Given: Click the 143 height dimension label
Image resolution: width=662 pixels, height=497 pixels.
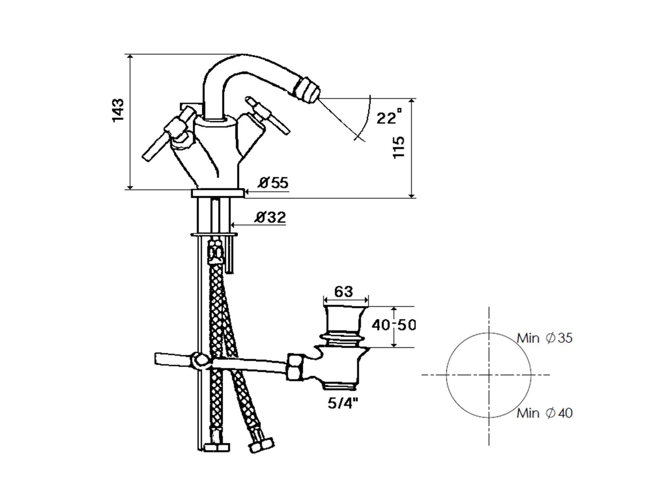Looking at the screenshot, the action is tap(118, 110).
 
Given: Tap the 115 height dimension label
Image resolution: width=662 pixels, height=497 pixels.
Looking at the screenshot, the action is tap(399, 147).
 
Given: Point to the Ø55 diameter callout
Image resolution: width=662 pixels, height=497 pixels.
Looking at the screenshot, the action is tap(273, 183).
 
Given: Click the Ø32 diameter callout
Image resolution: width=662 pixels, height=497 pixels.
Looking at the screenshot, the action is tap(270, 217).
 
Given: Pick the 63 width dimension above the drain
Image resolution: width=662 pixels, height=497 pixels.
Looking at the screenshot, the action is tap(344, 292).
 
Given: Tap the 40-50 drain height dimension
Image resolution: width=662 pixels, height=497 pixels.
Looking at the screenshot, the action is tap(394, 325).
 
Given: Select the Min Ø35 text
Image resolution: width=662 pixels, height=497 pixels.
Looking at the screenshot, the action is tap(545, 338).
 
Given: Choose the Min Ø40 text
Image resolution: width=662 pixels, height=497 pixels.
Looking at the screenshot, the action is tap(545, 413).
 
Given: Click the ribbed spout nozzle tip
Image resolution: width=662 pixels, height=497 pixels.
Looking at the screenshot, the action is tap(309, 90).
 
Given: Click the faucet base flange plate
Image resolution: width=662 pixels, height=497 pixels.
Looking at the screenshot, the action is tap(218, 193).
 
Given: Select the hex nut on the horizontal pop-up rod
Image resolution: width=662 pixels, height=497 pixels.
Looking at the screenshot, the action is tap(295, 367).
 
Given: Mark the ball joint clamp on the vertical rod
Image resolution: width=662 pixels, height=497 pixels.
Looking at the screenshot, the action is tap(200, 361).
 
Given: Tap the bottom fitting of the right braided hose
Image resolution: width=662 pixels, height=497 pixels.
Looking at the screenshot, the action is tap(261, 445).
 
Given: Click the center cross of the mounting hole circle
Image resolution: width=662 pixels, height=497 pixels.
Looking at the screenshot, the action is tap(489, 375).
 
